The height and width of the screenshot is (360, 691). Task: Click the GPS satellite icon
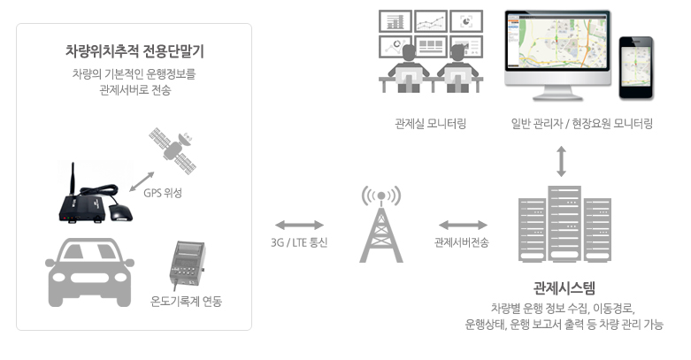[173, 150]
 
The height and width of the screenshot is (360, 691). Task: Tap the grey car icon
[89, 272]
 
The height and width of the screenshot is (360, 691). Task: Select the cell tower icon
[381, 225]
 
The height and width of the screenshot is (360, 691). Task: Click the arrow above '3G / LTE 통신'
[299, 226]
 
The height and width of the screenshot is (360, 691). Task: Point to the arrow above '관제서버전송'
[463, 226]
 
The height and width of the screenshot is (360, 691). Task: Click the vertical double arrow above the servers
[561, 162]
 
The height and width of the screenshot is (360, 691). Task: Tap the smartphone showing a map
[636, 67]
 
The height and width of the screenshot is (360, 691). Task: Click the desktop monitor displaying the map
[557, 55]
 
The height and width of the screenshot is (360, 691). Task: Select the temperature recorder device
[188, 264]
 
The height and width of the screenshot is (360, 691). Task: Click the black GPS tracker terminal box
[84, 209]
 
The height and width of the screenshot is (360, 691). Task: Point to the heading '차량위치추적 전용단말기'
[134, 51]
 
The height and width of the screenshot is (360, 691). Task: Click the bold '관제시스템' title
[564, 288]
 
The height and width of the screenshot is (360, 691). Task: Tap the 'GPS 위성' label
[163, 193]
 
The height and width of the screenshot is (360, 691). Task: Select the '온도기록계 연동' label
[186, 302]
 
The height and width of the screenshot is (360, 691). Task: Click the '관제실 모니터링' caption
[430, 124]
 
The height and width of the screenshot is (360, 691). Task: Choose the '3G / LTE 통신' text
[299, 242]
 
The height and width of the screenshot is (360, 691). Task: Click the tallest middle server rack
[564, 224]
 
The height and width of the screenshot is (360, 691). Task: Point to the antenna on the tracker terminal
[73, 179]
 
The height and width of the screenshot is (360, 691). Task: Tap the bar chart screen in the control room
[395, 21]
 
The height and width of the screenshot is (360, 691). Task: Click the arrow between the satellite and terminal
[142, 181]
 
